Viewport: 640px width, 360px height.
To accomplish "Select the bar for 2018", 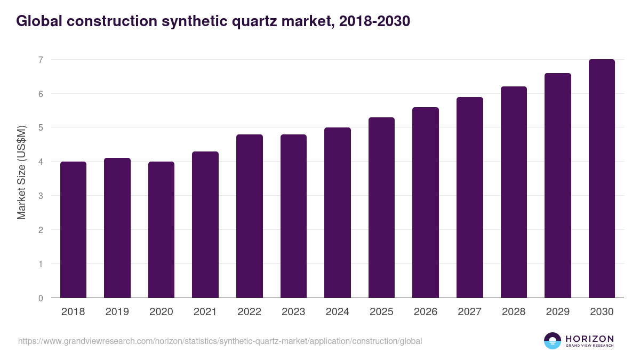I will pyautogui.click(x=73, y=229).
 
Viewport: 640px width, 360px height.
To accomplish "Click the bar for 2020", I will pyautogui.click(x=161, y=229).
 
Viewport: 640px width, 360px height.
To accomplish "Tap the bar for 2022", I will pyautogui.click(x=250, y=216).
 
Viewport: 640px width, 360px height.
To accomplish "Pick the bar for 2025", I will pyautogui.click(x=381, y=207).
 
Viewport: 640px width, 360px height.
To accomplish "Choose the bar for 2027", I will pyautogui.click(x=470, y=197).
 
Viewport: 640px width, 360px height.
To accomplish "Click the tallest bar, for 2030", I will pyautogui.click(x=602, y=179).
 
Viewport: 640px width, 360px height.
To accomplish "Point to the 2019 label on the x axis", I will pyautogui.click(x=117, y=312).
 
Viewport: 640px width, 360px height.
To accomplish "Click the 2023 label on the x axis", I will pyautogui.click(x=293, y=312).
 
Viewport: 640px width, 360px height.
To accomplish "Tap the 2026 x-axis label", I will pyautogui.click(x=426, y=312).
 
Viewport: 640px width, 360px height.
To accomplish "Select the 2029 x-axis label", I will pyautogui.click(x=558, y=312).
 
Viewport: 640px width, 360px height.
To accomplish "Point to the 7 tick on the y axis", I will pyautogui.click(x=40, y=60).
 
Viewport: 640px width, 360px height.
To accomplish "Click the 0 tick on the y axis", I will pyautogui.click(x=40, y=298).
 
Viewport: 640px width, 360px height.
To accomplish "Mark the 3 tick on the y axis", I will pyautogui.click(x=40, y=196).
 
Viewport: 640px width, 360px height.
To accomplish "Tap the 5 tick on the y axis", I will pyautogui.click(x=40, y=127).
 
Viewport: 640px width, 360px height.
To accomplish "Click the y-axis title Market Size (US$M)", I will pyautogui.click(x=21, y=172).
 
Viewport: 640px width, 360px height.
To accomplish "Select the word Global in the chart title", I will pyautogui.click(x=39, y=21).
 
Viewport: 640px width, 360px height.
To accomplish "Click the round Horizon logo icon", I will pyautogui.click(x=553, y=341).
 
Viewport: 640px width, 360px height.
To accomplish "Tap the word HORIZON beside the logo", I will pyautogui.click(x=590, y=339).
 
